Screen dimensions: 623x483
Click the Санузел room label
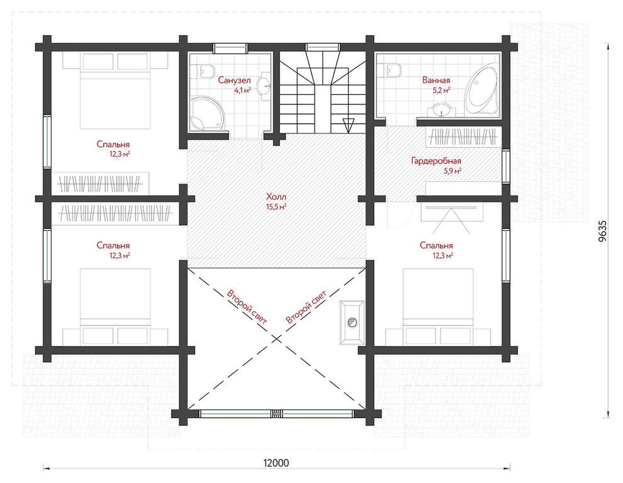tap(235, 80)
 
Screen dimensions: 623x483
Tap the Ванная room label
tap(436, 80)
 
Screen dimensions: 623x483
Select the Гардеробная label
tap(436, 161)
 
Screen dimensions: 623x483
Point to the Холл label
tap(276, 197)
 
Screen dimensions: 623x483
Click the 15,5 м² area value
tap(276, 206)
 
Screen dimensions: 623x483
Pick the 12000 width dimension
tap(276, 463)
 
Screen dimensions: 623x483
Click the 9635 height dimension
tap(602, 231)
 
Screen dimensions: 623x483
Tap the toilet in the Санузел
tap(203, 72)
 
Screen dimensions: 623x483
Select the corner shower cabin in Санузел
tap(207, 114)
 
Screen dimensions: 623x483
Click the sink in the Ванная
tap(441, 110)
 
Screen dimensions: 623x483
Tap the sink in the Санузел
tap(264, 86)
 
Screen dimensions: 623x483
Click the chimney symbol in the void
tap(352, 322)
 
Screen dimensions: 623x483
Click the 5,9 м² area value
tap(452, 172)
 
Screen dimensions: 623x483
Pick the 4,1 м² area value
tap(242, 91)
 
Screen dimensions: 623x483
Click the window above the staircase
tap(323, 47)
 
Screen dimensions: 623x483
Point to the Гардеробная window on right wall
tap(506, 166)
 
